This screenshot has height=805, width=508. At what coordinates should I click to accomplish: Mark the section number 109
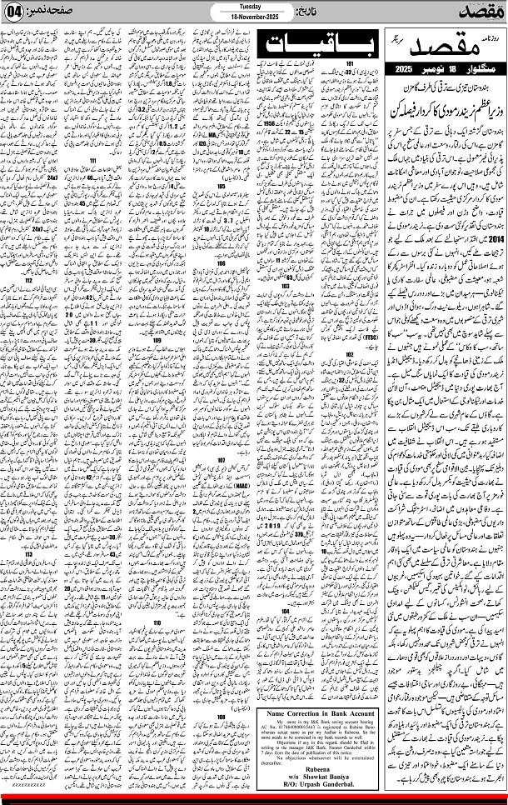[158, 340]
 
